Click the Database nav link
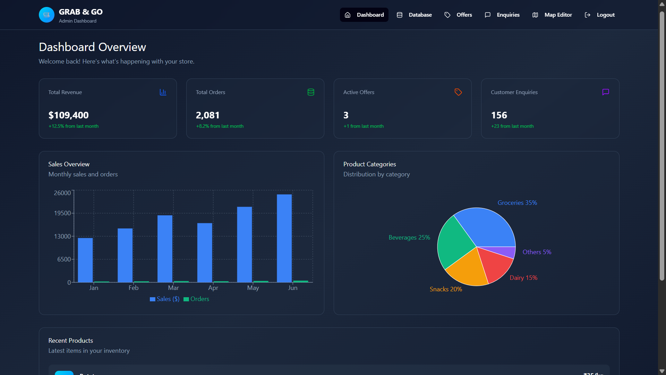point(415,15)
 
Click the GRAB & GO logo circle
point(46,15)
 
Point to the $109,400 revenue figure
point(68,115)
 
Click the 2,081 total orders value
point(207,115)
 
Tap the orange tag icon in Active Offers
point(458,92)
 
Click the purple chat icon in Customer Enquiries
point(606,92)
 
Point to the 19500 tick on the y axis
point(62,213)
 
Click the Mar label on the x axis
point(173,288)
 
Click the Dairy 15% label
point(523,278)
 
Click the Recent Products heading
point(71,341)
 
